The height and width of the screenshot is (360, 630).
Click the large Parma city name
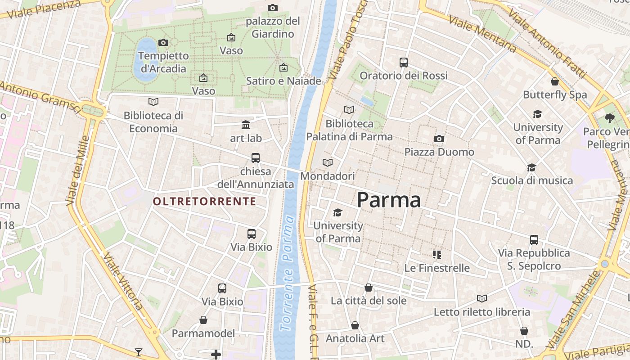(389, 200)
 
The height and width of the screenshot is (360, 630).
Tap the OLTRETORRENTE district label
(205, 201)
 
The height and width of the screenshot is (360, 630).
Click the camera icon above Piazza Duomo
(439, 139)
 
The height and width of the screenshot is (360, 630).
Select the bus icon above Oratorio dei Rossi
(404, 63)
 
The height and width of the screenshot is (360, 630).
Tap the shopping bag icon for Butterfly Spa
(555, 81)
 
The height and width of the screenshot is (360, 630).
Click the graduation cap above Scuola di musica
(532, 167)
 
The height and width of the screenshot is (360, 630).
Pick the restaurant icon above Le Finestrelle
(436, 255)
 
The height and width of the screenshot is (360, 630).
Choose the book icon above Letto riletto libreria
(482, 298)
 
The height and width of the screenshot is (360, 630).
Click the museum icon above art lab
(246, 125)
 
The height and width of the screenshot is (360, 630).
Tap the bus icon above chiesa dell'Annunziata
(256, 158)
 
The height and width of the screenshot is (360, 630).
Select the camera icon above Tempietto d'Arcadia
(163, 42)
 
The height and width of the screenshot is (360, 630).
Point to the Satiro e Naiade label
(283, 81)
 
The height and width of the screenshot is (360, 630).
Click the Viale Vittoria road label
(123, 282)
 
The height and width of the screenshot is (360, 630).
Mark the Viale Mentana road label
(482, 33)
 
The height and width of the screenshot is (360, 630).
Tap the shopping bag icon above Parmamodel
(203, 320)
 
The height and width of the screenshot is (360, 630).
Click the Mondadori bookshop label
(328, 176)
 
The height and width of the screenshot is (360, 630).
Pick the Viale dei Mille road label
(77, 171)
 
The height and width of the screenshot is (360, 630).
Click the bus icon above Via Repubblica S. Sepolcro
(534, 240)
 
